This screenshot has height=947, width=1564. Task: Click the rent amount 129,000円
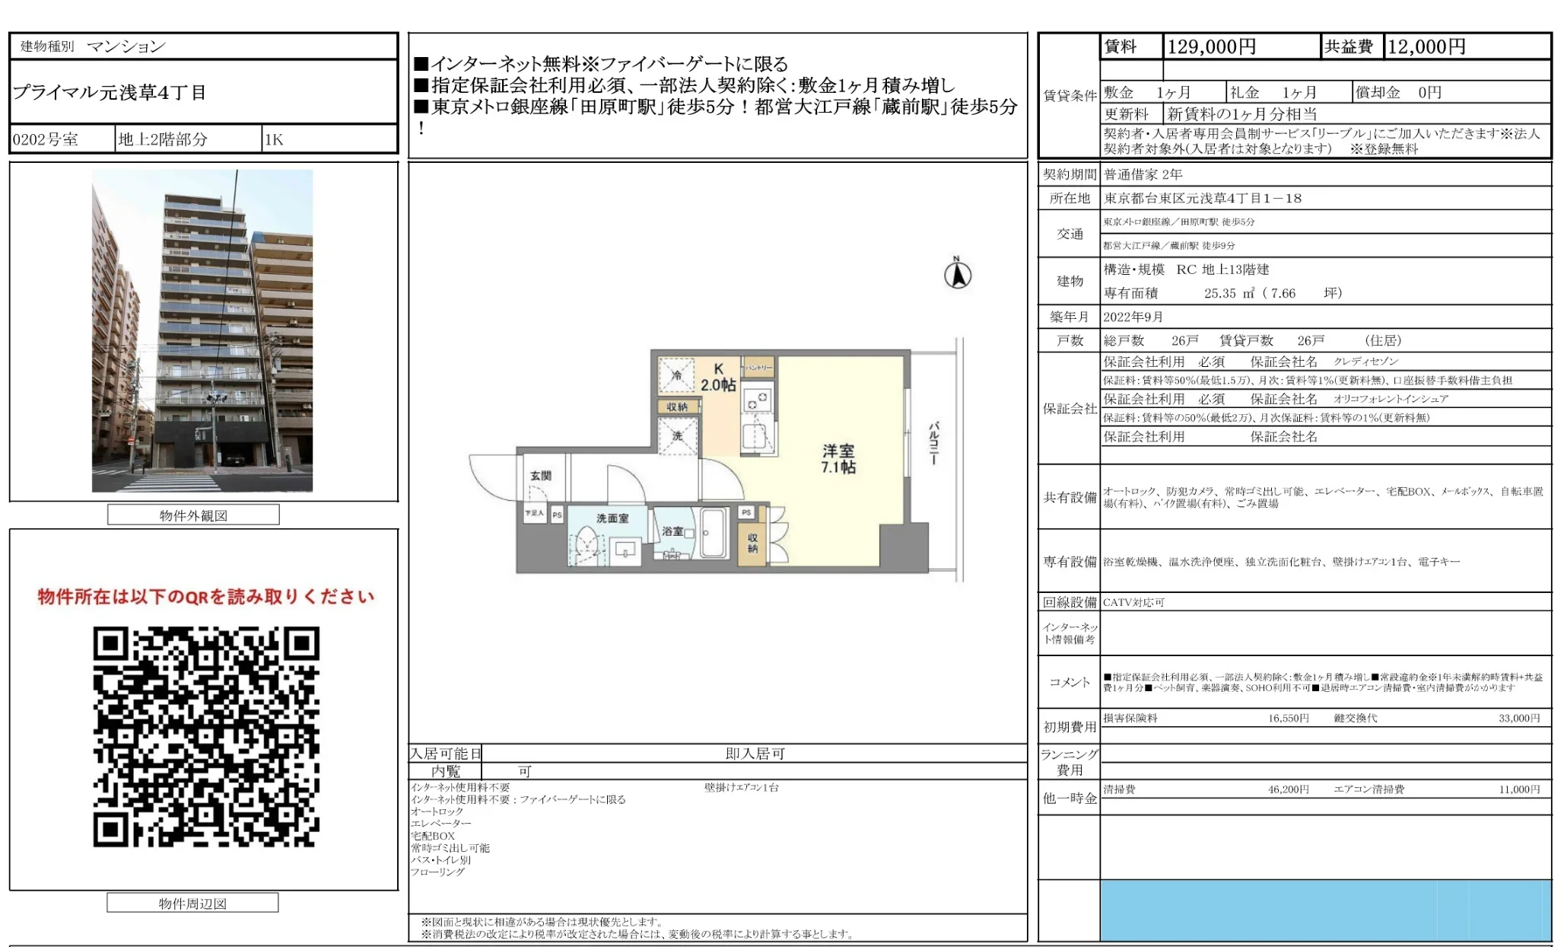point(1211,47)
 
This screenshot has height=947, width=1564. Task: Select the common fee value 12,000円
point(1426,47)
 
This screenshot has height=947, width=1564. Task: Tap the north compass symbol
point(958,274)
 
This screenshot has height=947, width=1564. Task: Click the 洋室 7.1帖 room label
point(838,459)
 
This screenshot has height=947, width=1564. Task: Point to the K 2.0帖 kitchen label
point(718,378)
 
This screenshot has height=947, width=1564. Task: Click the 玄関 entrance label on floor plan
point(540,476)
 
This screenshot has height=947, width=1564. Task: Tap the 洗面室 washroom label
point(612,518)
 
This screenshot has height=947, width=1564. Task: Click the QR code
point(206,736)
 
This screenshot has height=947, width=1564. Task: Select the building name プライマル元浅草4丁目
point(110,93)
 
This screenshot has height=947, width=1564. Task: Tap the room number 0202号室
point(46,139)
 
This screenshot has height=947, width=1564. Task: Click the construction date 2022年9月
point(1133,317)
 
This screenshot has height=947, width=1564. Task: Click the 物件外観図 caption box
point(193,515)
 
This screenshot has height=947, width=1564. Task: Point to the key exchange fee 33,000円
point(1518,718)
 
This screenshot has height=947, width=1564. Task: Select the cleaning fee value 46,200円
point(1288,789)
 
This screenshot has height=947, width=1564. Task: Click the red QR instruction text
point(206,597)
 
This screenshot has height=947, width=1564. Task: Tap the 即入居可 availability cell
point(755,754)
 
